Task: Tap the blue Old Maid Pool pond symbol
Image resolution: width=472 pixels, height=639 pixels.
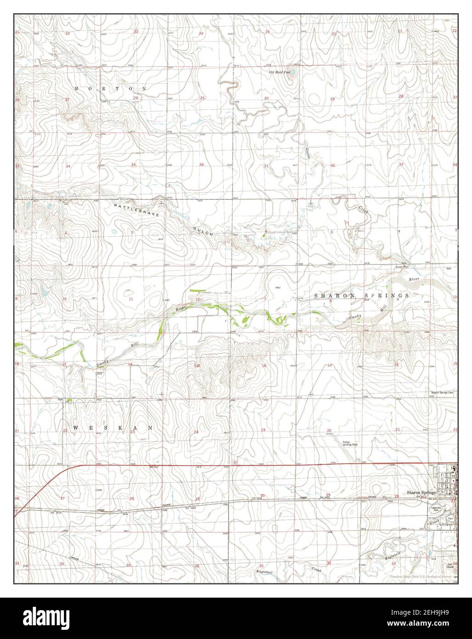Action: (294, 72)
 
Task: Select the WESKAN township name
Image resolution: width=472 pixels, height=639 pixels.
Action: (113, 428)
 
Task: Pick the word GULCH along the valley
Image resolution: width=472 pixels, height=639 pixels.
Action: (202, 228)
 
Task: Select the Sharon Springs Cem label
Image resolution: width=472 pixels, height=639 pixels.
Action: (442, 393)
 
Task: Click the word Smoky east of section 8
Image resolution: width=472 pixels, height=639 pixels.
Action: (354, 317)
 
